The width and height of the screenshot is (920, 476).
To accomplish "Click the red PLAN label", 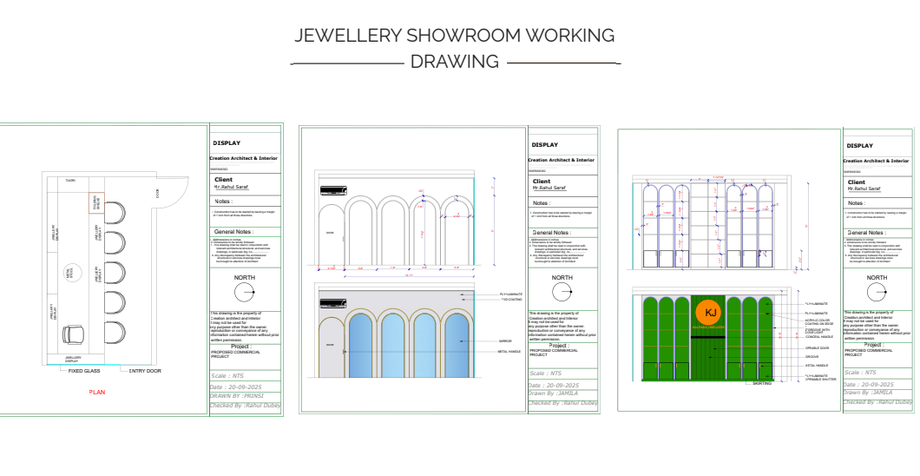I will tap(97, 393).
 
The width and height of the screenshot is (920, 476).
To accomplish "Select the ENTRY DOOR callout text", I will tap(145, 371).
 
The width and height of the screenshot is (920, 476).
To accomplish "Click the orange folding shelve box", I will tap(95, 203).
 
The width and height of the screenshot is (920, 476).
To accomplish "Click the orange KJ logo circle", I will tap(710, 314).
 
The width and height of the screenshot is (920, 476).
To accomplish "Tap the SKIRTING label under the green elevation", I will tap(762, 383).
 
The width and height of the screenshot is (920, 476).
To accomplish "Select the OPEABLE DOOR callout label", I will tap(818, 347).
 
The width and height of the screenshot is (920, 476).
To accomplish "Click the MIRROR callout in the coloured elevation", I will tap(505, 342).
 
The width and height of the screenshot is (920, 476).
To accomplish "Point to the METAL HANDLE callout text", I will tap(509, 352).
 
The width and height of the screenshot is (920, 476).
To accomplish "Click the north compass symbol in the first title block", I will tap(246, 293).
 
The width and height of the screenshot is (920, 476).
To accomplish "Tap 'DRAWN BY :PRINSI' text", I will tap(232, 395).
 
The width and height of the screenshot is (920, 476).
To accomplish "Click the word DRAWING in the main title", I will tap(454, 62).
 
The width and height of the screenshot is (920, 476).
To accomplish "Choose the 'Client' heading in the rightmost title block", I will tap(857, 182).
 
